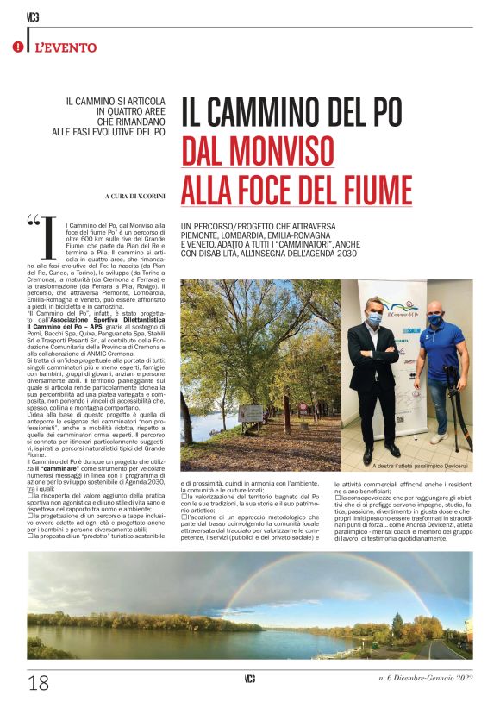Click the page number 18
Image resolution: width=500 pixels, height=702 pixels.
pos(38,682)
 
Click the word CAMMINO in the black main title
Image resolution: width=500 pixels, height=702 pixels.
pos(279,112)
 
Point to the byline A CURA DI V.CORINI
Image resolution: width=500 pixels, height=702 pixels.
pos(137,197)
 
